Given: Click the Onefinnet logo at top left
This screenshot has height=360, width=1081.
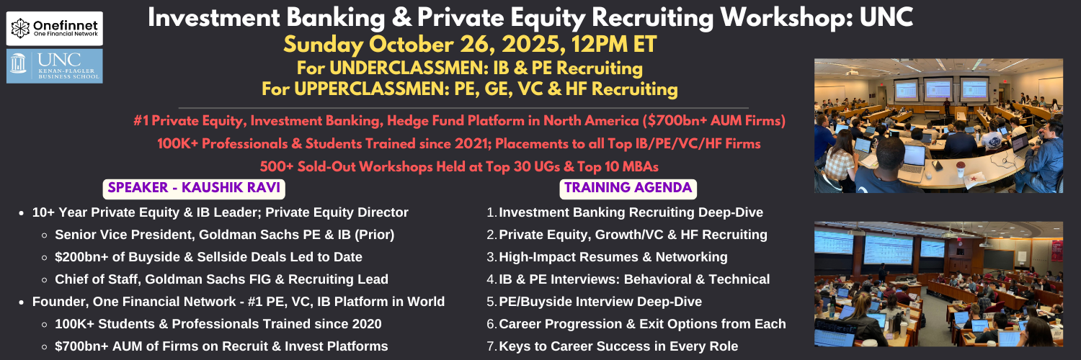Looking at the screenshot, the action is point(55,28).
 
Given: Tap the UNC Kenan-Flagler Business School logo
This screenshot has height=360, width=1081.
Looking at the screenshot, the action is point(55,66).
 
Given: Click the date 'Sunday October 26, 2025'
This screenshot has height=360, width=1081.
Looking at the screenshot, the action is point(424,45).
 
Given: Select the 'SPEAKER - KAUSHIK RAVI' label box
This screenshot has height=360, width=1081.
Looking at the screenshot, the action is point(194,189).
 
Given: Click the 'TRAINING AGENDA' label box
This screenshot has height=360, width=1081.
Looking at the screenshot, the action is point(628,189).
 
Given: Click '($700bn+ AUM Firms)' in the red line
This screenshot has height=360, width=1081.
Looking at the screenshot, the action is point(713,120).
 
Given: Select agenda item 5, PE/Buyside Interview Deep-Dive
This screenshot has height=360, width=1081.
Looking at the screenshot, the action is point(594,302).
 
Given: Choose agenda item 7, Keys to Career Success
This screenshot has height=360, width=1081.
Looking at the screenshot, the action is point(613,346).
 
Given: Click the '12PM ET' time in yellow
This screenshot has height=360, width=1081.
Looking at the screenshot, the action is point(614,45).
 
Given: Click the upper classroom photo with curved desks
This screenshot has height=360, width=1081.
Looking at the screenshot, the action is point(938,126).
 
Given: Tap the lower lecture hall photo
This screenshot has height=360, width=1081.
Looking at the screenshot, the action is point(938,284).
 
